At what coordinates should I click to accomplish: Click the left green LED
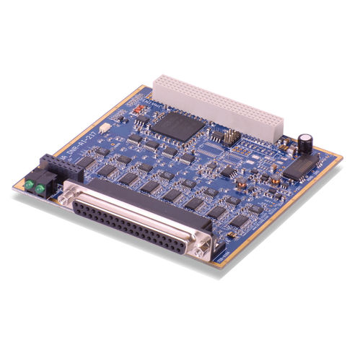[x=30, y=186]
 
